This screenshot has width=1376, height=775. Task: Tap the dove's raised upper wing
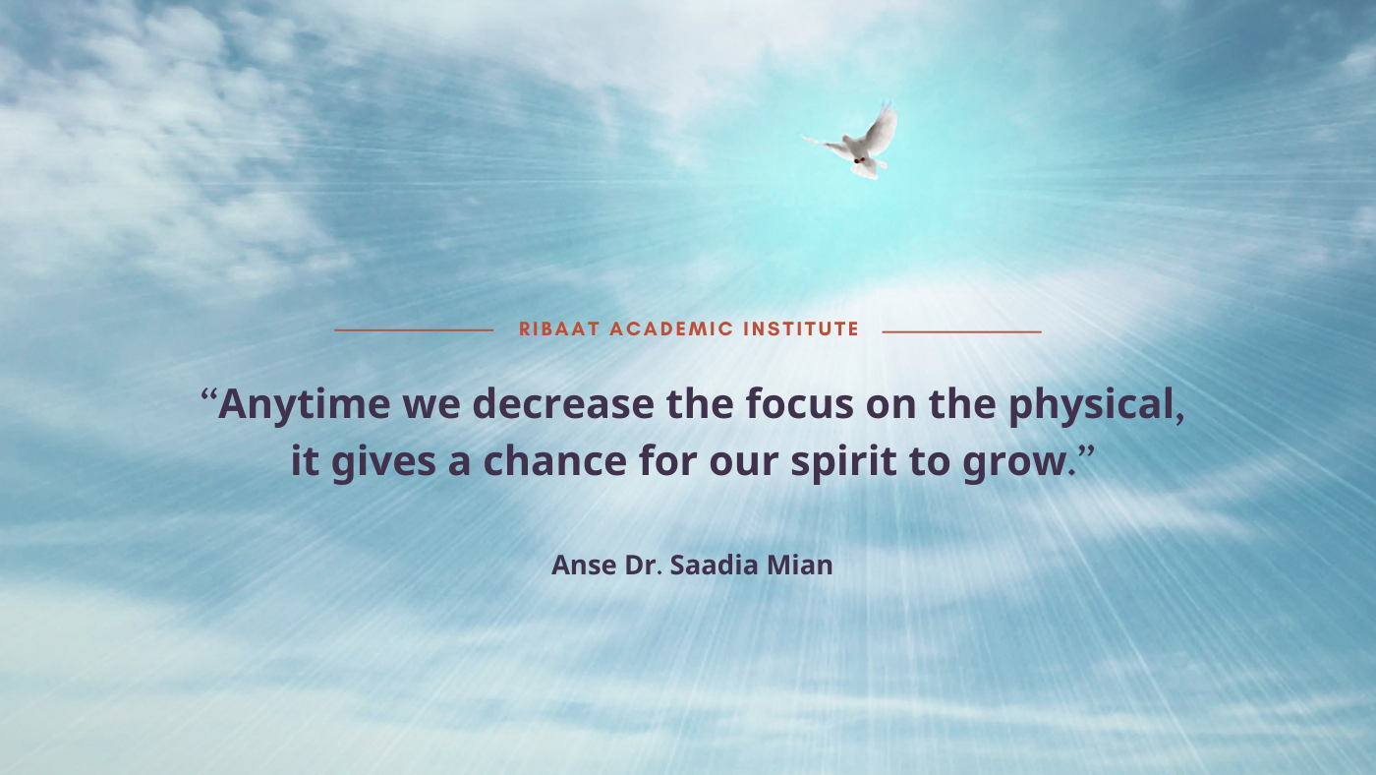pyautogui.click(x=882, y=129)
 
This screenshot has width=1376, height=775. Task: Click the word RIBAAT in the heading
pyautogui.click(x=559, y=329)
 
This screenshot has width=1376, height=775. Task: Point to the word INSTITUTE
pyautogui.click(x=801, y=329)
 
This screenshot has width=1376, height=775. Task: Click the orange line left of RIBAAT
pyautogui.click(x=414, y=330)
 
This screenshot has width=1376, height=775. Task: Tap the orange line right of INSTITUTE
pyautogui.click(x=962, y=331)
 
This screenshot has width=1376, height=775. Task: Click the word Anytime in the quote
pyautogui.click(x=304, y=405)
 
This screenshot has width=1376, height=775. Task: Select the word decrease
pyautogui.click(x=563, y=404)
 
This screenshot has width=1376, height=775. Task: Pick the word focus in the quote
pyautogui.click(x=800, y=404)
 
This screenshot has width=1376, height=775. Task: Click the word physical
pyautogui.click(x=1092, y=405)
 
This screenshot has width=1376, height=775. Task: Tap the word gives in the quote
pyautogui.click(x=384, y=462)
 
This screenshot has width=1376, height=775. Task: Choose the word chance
pyautogui.click(x=555, y=461)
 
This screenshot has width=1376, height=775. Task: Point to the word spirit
pyautogui.click(x=844, y=462)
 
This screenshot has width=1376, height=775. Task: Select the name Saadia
pyautogui.click(x=714, y=566)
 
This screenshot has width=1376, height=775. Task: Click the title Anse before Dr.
pyautogui.click(x=584, y=566)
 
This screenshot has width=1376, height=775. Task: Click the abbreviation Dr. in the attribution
pyautogui.click(x=643, y=566)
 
